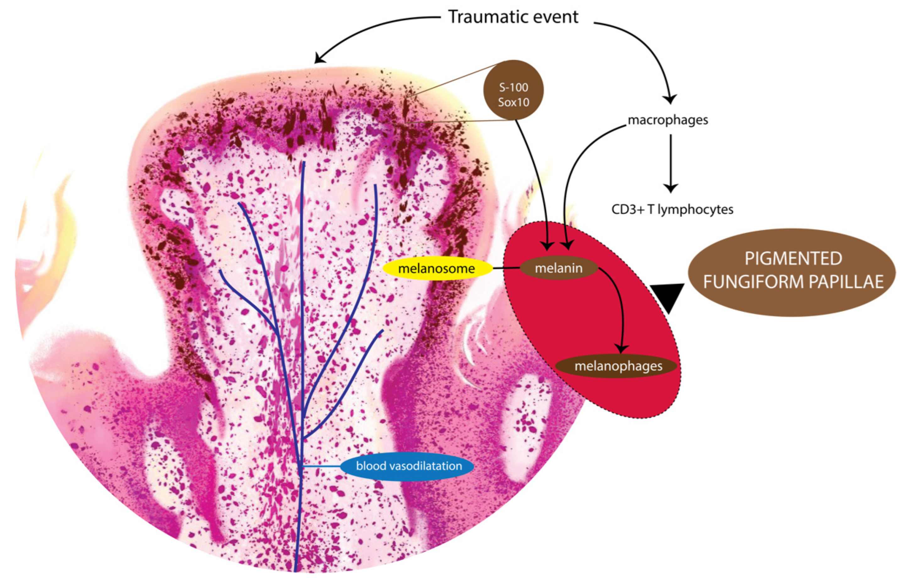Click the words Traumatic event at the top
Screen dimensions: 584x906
click(513, 17)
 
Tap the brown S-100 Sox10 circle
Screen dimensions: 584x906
click(513, 90)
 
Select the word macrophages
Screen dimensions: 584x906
click(668, 120)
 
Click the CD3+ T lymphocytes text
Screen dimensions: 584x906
click(672, 209)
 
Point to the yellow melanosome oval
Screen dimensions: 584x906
click(436, 269)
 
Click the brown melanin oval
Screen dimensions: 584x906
click(559, 268)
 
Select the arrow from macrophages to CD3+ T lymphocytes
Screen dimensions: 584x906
click(670, 163)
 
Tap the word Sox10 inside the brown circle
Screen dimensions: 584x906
click(513, 102)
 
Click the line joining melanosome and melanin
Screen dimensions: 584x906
click(506, 269)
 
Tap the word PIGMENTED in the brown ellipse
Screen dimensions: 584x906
click(793, 259)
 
